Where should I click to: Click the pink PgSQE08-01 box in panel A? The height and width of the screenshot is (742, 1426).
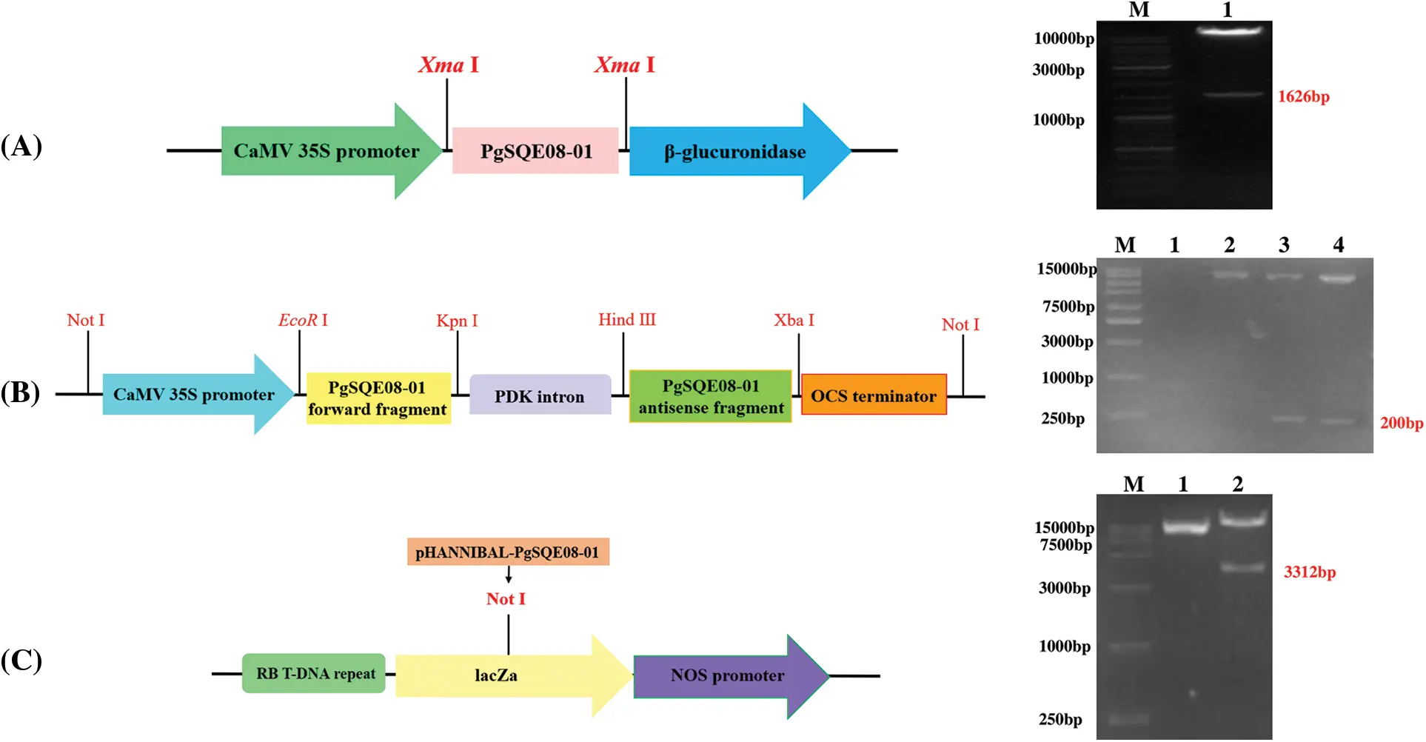(535, 151)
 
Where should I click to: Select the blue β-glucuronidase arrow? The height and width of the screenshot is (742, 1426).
(734, 152)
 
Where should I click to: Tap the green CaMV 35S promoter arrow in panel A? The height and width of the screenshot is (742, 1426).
(327, 151)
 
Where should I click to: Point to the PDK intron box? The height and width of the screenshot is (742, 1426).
(540, 395)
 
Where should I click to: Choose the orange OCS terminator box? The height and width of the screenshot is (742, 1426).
(874, 395)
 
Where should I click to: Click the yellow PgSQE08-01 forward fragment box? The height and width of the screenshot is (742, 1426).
(378, 398)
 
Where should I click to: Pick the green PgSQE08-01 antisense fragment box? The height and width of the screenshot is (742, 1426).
(710, 397)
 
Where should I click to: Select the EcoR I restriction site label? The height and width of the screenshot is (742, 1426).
(303, 320)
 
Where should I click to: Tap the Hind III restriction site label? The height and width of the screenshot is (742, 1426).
(627, 319)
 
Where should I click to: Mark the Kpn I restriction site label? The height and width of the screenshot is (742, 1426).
(457, 321)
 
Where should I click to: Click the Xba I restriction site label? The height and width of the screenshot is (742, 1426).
(794, 320)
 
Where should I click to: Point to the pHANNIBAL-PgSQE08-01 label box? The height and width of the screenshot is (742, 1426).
(508, 552)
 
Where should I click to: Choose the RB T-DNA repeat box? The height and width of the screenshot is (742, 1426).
(315, 674)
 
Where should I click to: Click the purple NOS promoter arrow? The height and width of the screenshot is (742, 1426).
(727, 675)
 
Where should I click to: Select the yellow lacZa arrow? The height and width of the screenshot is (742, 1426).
(496, 675)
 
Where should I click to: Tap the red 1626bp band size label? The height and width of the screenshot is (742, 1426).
(1303, 97)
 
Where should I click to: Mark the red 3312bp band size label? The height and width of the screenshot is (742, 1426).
(1310, 572)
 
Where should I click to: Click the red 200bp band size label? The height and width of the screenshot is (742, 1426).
(1401, 424)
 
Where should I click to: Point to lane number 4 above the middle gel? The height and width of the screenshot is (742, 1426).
(1338, 245)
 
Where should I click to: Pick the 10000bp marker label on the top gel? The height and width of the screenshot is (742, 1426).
(1064, 39)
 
